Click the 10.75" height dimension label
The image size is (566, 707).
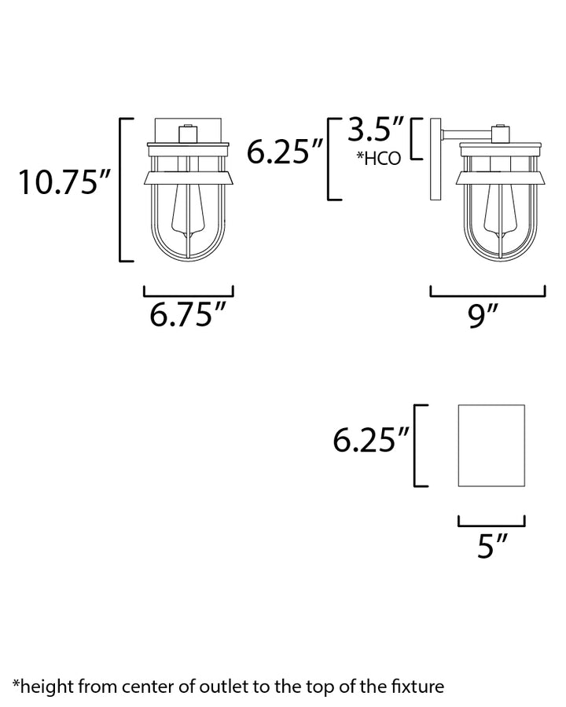tap(64, 182)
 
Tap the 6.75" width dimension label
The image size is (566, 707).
tap(187, 314)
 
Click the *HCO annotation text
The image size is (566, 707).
tap(379, 158)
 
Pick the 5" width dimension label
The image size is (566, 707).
tap(493, 546)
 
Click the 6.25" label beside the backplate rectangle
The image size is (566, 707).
tap(370, 440)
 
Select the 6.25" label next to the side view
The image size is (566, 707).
tap(285, 152)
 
